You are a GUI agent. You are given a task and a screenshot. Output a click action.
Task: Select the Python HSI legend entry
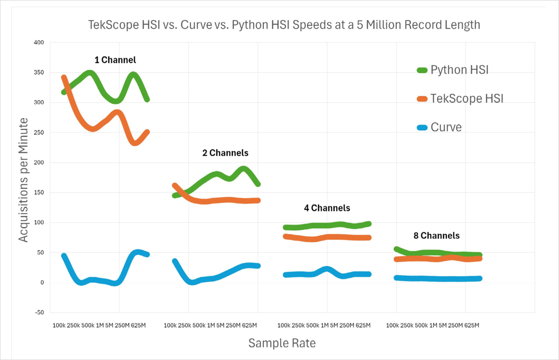(x=459, y=70)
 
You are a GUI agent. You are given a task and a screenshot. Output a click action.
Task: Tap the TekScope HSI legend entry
(x=467, y=98)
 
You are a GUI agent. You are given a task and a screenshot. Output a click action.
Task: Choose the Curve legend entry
(x=446, y=127)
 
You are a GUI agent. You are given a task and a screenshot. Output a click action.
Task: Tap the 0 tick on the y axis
(x=41, y=283)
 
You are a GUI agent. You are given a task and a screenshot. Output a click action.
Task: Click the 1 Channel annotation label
(x=115, y=60)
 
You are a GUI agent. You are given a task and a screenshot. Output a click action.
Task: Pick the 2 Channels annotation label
(x=225, y=153)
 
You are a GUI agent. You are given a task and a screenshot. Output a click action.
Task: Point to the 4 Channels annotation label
(x=327, y=208)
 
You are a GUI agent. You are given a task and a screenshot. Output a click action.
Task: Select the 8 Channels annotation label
(x=436, y=235)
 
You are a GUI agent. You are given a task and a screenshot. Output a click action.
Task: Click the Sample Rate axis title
(x=282, y=343)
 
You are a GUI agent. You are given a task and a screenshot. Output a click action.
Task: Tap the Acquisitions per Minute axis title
(x=23, y=180)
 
